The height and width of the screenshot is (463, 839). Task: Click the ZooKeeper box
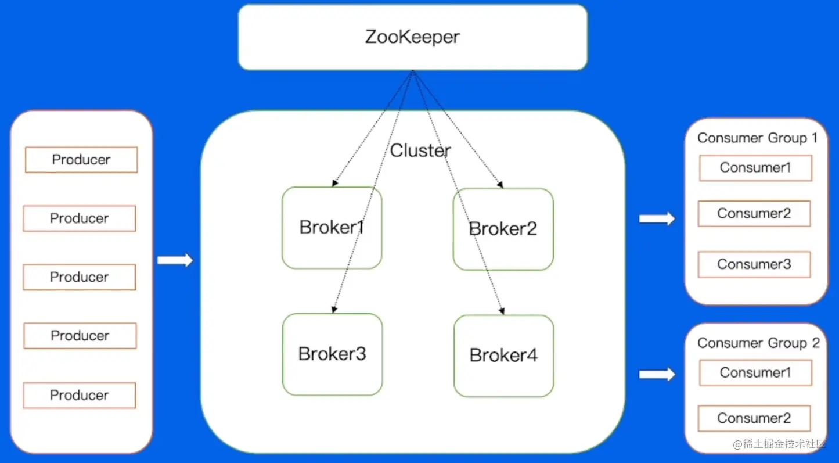(413, 37)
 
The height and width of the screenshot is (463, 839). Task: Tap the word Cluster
(420, 150)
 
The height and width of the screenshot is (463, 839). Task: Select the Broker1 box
(332, 227)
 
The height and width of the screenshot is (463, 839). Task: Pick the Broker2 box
(503, 229)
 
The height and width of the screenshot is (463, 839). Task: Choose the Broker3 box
(332, 354)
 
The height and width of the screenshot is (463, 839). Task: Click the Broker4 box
(503, 355)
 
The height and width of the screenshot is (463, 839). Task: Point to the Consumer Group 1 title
(757, 138)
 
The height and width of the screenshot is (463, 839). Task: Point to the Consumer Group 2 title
(758, 343)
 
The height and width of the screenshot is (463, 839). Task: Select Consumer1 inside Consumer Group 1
(755, 168)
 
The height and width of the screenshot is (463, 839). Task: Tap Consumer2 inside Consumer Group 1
(754, 214)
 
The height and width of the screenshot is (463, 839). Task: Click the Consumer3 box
(754, 264)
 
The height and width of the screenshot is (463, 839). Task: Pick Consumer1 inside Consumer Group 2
(755, 372)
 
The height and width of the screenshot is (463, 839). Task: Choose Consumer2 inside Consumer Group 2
(754, 418)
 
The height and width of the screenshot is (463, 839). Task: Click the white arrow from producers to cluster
(175, 260)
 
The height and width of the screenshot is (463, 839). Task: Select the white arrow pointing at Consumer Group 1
(657, 219)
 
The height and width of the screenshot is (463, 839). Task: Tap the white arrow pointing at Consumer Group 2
(657, 375)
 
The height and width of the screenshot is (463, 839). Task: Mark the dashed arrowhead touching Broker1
(335, 184)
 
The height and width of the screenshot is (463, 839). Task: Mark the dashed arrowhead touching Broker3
(334, 310)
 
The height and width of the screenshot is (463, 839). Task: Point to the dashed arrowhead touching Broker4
(501, 311)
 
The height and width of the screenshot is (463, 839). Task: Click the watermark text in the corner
(779, 444)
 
